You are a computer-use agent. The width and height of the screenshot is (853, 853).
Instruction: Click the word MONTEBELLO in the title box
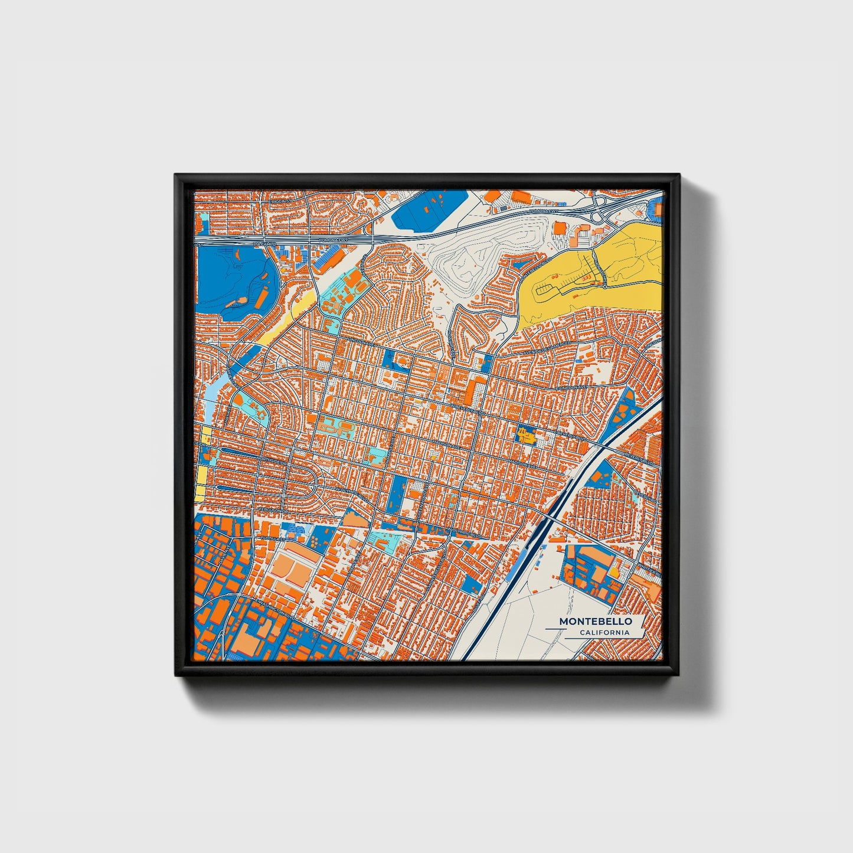[595, 622]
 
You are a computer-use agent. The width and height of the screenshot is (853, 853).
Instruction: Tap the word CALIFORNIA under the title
[604, 633]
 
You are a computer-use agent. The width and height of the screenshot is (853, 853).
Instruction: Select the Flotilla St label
[273, 538]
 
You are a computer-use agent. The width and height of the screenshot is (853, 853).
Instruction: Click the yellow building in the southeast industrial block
[615, 571]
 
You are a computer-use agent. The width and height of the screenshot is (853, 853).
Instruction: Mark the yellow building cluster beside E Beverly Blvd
[525, 436]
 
